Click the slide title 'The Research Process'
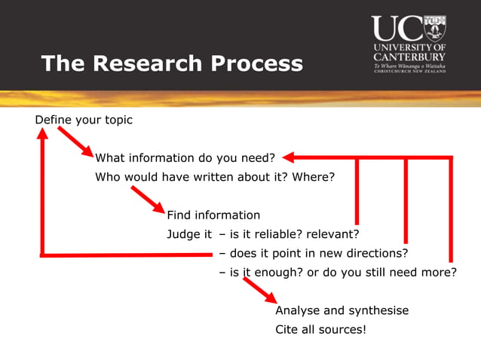click(172, 63)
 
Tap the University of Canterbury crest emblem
click(435, 29)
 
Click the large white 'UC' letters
click(397, 29)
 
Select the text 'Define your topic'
click(84, 120)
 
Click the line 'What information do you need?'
click(185, 158)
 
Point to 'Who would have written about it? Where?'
click(214, 178)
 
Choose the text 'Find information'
click(213, 215)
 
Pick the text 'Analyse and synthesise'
click(342, 310)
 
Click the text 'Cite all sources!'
click(320, 329)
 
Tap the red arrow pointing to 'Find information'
click(147, 200)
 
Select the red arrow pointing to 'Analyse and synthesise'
click(259, 290)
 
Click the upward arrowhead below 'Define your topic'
click(43, 133)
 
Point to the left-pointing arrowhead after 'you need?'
click(290, 157)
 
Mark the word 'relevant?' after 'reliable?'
click(333, 234)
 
